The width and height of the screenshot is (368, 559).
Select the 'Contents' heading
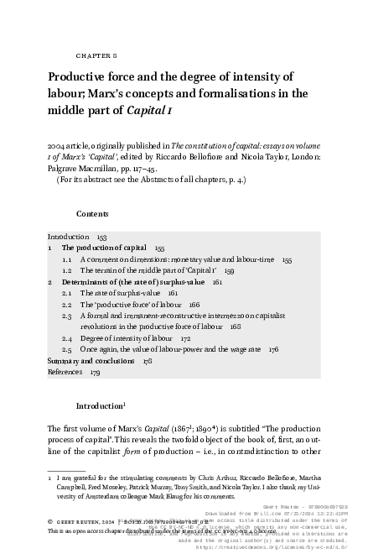pyautogui.click(x=92, y=213)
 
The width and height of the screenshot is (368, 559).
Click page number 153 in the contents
pyautogui.click(x=101, y=237)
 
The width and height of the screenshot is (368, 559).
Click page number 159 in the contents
pyautogui.click(x=228, y=271)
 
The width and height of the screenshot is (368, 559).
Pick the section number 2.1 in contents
pyautogui.click(x=66, y=294)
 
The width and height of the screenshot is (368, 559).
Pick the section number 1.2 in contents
pyautogui.click(x=66, y=271)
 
